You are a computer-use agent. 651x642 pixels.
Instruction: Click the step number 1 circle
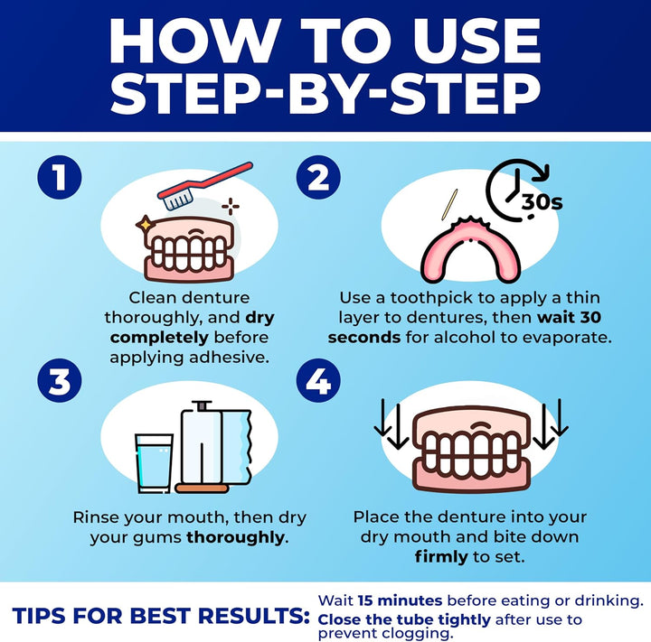pos(60,178)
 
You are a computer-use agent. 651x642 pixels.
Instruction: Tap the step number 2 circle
pos(318,178)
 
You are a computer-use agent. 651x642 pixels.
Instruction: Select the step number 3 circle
pos(60,382)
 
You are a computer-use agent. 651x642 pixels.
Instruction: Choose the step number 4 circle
pos(318,382)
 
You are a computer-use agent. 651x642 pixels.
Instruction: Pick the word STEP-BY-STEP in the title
pos(325,94)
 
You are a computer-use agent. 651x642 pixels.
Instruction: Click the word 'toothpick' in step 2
pos(445,297)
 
